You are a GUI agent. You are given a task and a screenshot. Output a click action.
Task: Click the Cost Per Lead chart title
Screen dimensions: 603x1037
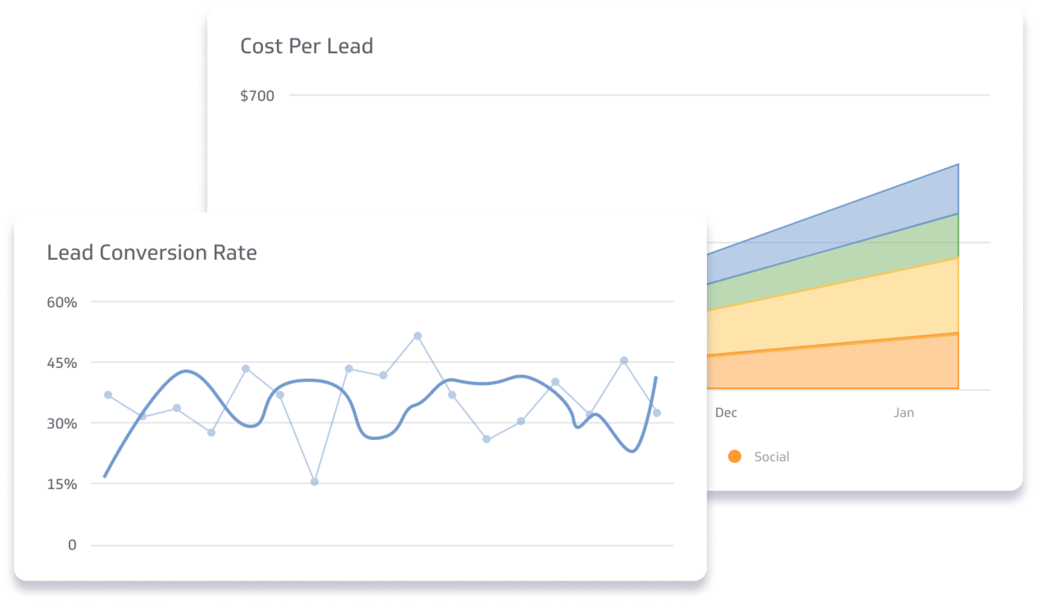click(x=307, y=46)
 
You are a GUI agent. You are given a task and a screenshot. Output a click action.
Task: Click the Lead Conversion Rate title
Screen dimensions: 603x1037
click(x=152, y=253)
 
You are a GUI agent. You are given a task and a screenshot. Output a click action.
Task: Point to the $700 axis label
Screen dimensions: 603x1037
click(x=257, y=96)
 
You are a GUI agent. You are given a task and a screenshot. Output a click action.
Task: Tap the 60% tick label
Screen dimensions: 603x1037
click(x=61, y=303)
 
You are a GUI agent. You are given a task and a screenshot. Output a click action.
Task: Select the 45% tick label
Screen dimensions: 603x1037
click(x=61, y=363)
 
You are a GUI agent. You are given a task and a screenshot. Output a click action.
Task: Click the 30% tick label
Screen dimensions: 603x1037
click(x=61, y=424)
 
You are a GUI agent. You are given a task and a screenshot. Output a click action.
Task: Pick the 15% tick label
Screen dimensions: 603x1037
click(x=61, y=485)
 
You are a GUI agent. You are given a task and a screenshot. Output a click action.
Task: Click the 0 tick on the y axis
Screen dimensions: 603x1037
click(x=72, y=545)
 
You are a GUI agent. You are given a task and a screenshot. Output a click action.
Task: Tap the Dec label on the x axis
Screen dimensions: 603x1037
click(x=726, y=413)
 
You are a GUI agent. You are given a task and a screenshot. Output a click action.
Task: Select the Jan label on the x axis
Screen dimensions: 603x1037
click(x=904, y=413)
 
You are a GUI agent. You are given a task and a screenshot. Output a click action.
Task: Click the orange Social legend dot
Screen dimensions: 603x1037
click(x=735, y=457)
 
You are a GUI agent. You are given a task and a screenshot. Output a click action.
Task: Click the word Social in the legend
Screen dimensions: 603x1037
click(x=772, y=457)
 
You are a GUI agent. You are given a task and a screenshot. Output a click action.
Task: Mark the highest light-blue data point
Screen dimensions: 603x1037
click(x=418, y=336)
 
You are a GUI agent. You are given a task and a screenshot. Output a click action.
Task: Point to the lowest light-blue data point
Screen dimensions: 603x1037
click(x=314, y=482)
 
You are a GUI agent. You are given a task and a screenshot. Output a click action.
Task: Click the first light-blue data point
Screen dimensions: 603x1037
click(x=108, y=395)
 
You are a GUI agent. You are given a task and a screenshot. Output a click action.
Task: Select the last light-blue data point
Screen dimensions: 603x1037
click(x=657, y=413)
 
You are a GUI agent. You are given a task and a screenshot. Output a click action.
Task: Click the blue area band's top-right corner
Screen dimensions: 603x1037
click(x=958, y=165)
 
